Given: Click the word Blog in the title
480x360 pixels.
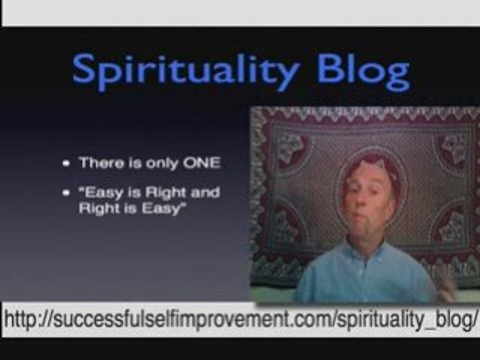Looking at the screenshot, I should (363, 71).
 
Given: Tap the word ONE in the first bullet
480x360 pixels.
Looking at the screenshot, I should (202, 163).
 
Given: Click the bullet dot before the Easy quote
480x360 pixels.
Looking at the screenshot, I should (66, 193).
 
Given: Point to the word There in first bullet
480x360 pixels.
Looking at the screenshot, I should (100, 163).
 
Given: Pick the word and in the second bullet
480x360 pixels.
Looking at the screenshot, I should (205, 193).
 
